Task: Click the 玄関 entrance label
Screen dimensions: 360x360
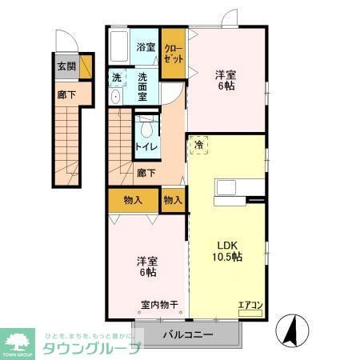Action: coord(66,66)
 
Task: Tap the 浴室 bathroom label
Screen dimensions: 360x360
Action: coord(145,46)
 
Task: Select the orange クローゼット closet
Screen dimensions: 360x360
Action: coord(174,54)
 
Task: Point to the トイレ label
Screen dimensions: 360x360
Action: coord(146,147)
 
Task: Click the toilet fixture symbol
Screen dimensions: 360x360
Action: coord(146,128)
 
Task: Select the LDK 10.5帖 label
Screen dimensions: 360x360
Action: coord(225,250)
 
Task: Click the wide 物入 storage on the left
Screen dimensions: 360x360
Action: coord(134,199)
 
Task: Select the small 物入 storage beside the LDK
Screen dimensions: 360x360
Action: coord(173,199)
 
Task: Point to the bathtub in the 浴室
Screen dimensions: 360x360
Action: coord(121,48)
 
